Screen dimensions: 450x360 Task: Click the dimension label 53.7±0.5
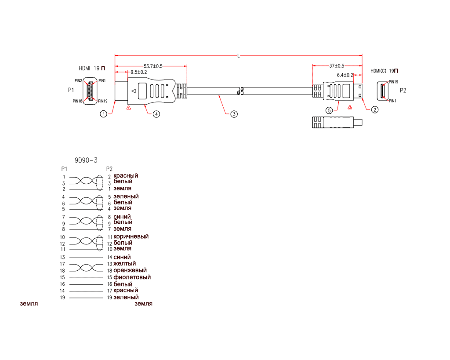click(153, 66)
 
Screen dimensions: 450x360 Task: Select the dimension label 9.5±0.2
click(138, 72)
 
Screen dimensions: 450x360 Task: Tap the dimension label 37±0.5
click(337, 66)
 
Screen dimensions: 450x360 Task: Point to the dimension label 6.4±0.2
click(345, 75)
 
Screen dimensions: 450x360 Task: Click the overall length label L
click(239, 56)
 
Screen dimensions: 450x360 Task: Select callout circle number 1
click(103, 114)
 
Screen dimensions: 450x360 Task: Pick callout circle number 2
click(375, 109)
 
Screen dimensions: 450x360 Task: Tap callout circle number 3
click(234, 114)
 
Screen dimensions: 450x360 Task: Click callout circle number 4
click(156, 114)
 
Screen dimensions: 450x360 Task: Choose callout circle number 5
click(329, 110)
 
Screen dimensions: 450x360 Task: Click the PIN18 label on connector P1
click(77, 101)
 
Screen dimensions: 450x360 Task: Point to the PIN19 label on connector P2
click(393, 82)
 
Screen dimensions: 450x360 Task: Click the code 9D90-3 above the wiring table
click(86, 160)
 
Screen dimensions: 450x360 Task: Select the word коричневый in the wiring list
click(131, 236)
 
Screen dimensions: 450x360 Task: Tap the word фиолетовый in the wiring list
click(132, 277)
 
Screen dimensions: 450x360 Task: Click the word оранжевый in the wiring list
click(130, 270)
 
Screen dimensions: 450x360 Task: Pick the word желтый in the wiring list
click(124, 264)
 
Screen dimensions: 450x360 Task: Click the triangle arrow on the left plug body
click(134, 91)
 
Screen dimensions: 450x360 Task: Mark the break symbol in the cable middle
click(240, 91)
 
